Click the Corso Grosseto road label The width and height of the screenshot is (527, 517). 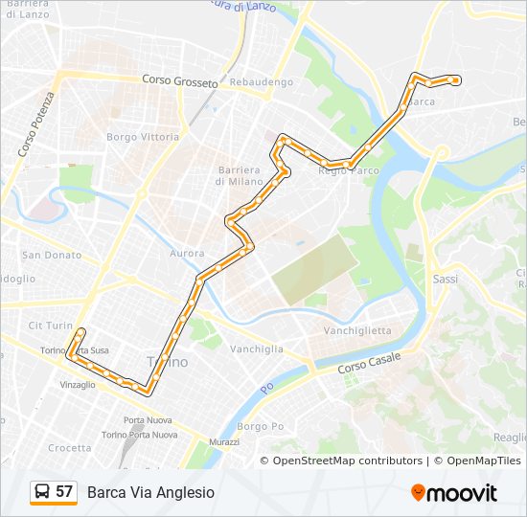pos(180,81)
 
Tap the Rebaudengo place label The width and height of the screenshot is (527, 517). pos(261,82)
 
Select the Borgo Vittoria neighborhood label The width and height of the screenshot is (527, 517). pos(143,137)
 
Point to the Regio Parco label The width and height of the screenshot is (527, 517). pos(349,170)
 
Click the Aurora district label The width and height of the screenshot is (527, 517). pos(188,254)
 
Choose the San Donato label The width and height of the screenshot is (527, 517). pos(52,256)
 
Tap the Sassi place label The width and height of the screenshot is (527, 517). pos(446,280)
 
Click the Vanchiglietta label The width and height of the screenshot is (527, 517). pos(357,330)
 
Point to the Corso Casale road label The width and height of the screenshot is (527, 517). pos(369,363)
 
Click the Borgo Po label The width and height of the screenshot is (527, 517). pos(261,426)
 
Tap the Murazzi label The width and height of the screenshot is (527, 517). pos(222,442)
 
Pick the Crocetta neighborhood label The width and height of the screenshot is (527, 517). pos(70,448)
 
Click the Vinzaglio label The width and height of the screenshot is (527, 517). pos(78,385)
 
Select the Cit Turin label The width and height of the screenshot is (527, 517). pos(51,326)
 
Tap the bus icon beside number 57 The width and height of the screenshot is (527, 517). pos(42,492)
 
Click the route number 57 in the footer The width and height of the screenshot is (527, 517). pos(64,492)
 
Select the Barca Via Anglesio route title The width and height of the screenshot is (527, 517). pos(150,492)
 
